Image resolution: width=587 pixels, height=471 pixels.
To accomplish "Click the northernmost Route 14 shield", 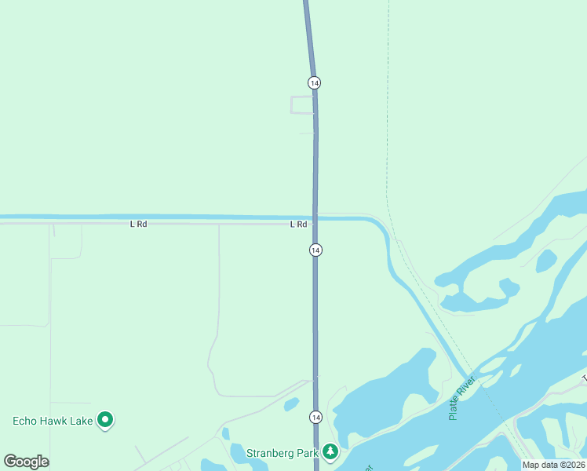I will pyautogui.click(x=315, y=82).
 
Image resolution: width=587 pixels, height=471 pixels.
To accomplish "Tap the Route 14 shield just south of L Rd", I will pyautogui.click(x=315, y=250).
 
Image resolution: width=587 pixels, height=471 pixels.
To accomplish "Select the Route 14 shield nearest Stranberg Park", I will pyautogui.click(x=315, y=416).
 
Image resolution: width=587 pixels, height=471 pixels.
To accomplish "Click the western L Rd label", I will pyautogui.click(x=138, y=225).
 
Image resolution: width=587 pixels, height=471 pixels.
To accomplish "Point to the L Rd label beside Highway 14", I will pyautogui.click(x=298, y=225).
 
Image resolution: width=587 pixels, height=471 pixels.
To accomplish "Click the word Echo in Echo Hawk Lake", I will pyautogui.click(x=26, y=421).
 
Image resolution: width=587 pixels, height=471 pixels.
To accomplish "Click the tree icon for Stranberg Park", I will pyautogui.click(x=331, y=451).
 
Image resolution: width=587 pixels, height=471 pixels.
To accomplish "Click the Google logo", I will pyautogui.click(x=27, y=462).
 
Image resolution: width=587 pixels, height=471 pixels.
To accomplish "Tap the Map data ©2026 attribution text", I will pyautogui.click(x=554, y=465).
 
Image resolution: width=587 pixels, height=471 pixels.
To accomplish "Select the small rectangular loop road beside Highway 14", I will pyautogui.click(x=302, y=105).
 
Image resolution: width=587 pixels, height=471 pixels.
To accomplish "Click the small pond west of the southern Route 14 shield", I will pyautogui.click(x=291, y=404).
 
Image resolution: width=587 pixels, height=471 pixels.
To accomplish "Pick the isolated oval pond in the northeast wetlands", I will pyautogui.click(x=546, y=261).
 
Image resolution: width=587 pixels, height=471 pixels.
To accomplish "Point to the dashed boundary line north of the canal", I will pyautogui.click(x=387, y=118).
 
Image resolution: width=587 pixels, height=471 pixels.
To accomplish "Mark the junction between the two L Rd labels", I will pyautogui.click(x=218, y=224).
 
